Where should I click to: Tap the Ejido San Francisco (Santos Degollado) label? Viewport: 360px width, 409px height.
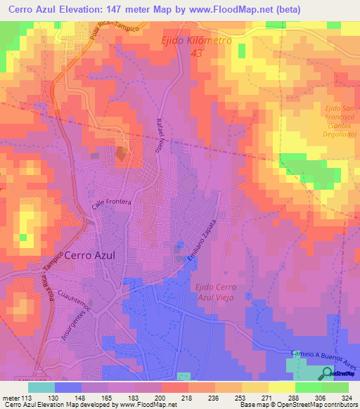point(336,122)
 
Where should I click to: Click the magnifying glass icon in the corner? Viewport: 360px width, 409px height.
point(327,373)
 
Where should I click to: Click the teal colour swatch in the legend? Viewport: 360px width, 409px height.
point(41,387)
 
